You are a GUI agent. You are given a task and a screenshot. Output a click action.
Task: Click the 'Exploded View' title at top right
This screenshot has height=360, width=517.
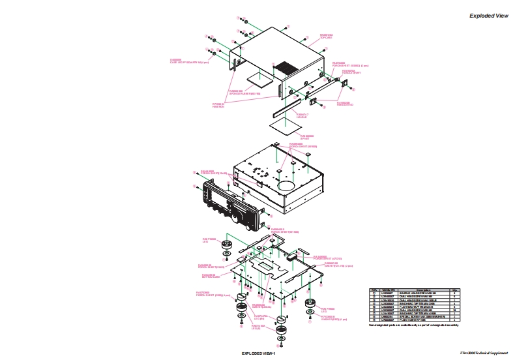[488, 16]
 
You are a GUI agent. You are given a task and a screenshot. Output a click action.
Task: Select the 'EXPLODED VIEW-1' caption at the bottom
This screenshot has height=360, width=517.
[259, 353]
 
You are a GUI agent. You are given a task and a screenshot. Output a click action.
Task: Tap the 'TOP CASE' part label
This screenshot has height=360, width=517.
[326, 37]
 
